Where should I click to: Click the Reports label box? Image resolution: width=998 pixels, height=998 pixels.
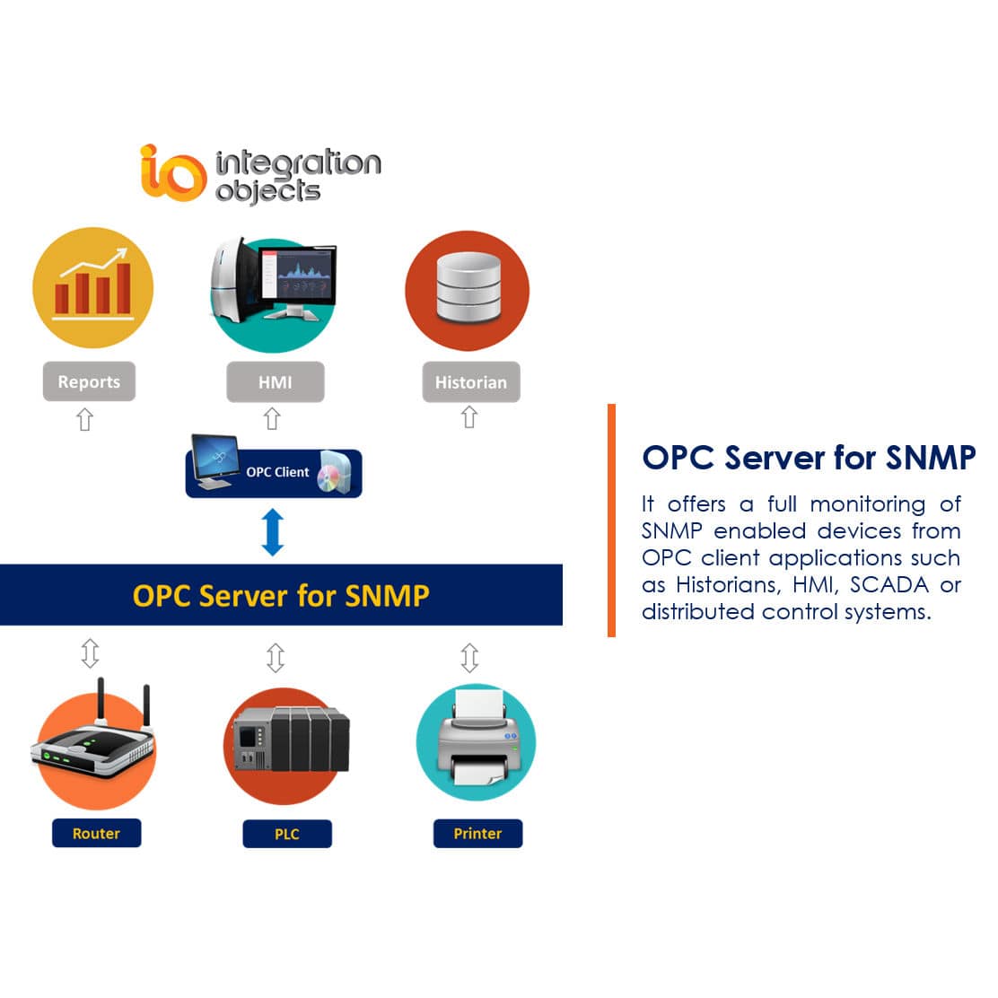click(89, 381)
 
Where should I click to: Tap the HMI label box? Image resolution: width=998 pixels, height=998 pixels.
click(275, 381)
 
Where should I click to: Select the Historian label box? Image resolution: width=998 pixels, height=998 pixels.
click(470, 381)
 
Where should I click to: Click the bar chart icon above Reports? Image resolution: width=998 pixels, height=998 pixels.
click(93, 287)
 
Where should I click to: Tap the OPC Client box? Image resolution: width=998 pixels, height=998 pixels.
click(274, 472)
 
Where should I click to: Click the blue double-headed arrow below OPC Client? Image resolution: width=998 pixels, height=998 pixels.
click(273, 532)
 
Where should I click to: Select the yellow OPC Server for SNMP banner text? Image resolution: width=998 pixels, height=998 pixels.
click(281, 596)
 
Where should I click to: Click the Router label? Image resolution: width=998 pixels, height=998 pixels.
click(96, 833)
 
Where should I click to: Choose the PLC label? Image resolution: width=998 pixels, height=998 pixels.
click(287, 834)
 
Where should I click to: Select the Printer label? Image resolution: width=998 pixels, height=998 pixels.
click(477, 833)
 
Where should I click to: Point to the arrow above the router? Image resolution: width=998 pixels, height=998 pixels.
click(90, 652)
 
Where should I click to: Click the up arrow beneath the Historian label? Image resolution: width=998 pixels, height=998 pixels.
click(468, 417)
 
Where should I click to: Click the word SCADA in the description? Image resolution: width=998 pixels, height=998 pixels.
click(889, 584)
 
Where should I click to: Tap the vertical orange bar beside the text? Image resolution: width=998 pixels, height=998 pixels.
click(611, 521)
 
